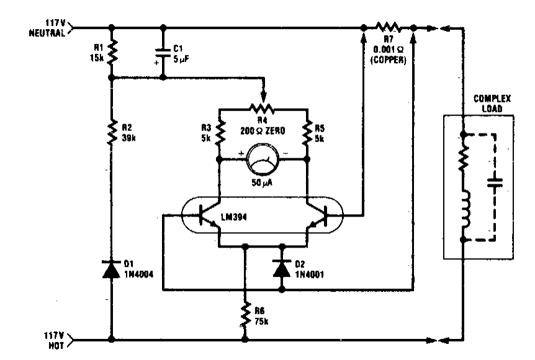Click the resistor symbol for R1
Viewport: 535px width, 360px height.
coord(112,53)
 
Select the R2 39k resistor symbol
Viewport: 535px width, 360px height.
coord(112,132)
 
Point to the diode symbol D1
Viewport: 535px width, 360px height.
coord(112,269)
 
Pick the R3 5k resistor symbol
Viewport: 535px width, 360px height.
coord(219,132)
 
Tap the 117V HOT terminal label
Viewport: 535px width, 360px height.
coord(52,339)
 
